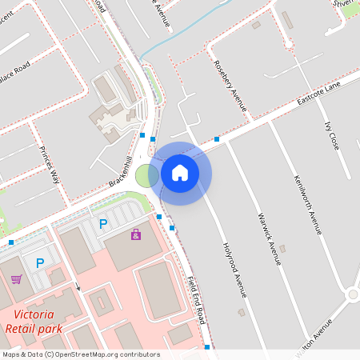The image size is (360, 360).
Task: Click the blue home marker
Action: pos(180,172)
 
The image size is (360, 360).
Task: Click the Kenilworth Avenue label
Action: pos(307,204)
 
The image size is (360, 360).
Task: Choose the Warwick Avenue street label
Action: pos(270,238)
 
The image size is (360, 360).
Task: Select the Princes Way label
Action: pos(50,165)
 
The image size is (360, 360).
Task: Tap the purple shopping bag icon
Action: pos(135,234)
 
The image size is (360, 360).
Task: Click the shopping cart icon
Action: pos(16,279)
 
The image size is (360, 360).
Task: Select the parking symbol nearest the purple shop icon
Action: pos(102,224)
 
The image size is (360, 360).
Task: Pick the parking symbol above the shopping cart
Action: pos(40,262)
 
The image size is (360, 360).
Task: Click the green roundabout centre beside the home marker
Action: pos(146,175)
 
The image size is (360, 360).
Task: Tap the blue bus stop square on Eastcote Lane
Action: pos(217,139)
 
